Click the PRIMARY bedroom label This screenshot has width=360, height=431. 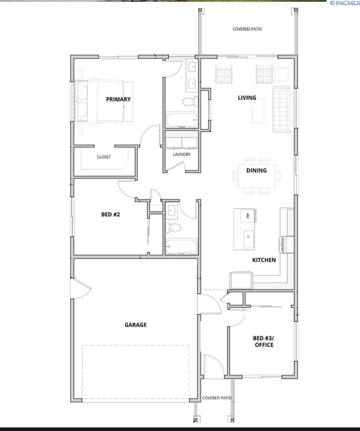click(x=118, y=99)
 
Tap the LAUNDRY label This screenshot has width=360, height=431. click(x=182, y=155)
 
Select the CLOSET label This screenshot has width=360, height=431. click(x=104, y=157)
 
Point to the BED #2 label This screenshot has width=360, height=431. click(x=110, y=214)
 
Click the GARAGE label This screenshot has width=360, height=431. click(x=135, y=325)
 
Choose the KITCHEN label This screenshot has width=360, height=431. click(x=264, y=260)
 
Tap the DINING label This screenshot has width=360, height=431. click(x=256, y=170)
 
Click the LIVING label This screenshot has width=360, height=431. click(x=247, y=98)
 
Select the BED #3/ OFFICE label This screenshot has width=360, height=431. click(x=264, y=341)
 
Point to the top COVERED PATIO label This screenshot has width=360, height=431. click(x=247, y=29)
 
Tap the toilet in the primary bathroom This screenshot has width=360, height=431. click(x=191, y=102)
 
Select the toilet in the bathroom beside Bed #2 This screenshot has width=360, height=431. click(x=174, y=228)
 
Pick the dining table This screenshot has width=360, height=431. click(x=256, y=176)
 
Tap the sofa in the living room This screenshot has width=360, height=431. click(x=282, y=110)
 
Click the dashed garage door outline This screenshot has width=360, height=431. click(x=135, y=372)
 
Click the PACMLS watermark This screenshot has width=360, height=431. click(x=344, y=3)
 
